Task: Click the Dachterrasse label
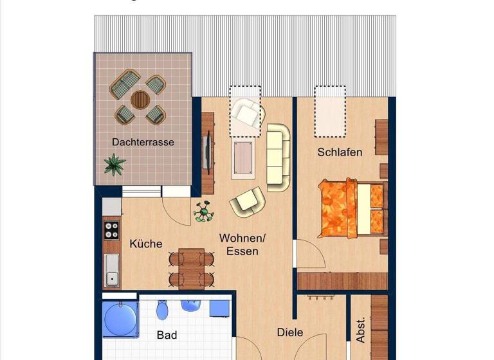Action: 143,142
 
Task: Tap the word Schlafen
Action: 340,152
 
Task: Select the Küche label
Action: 146,244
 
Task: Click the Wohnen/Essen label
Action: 242,244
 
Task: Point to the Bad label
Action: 167,335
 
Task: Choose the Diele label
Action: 290,332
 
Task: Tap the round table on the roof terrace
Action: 140,100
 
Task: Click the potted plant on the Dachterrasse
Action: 114,164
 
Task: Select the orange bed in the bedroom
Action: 351,207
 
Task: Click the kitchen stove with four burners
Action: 112,230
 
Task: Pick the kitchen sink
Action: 112,270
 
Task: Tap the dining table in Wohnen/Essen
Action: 191,267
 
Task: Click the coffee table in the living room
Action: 243,157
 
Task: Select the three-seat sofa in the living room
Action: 279,157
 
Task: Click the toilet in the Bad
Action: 162,312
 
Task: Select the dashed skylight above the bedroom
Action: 331,112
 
